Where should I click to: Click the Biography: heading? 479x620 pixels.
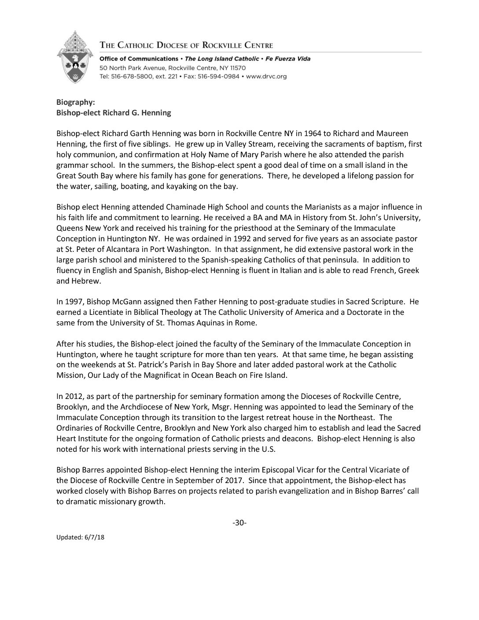[73, 102]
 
